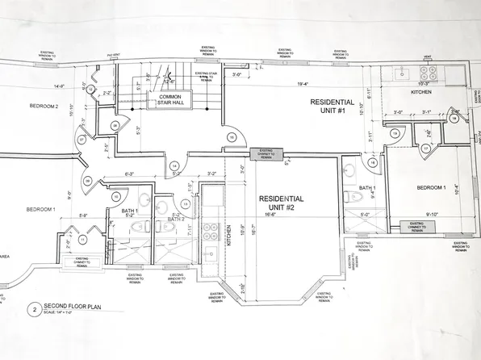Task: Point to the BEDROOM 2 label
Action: [45, 107]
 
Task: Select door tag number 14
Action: [174, 166]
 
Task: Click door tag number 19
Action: [395, 132]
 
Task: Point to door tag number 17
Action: [425, 149]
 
